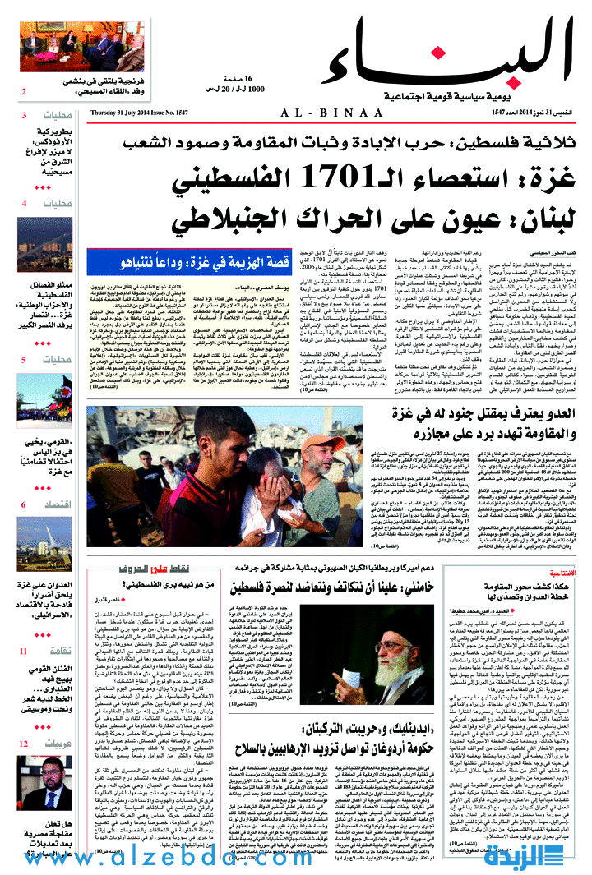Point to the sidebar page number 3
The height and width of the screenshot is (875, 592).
25,115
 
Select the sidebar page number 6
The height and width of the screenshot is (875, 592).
25,504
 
